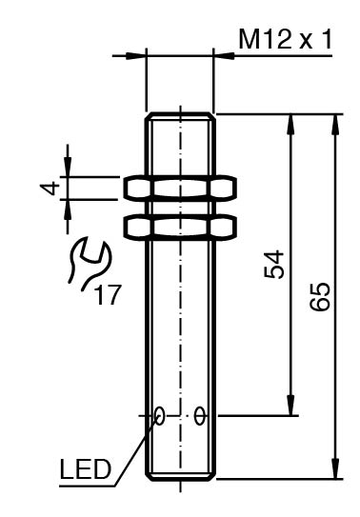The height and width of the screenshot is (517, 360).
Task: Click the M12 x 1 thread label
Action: [x=285, y=39]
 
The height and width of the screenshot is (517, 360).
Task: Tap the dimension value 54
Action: [x=274, y=265]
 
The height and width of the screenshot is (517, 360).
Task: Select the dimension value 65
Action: [x=320, y=296]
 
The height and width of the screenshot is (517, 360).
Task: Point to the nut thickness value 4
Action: [x=50, y=189]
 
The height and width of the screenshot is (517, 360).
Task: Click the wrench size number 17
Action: [x=108, y=295]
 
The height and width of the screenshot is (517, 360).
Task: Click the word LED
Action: [x=86, y=468]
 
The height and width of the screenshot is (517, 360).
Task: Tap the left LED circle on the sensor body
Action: [x=160, y=416]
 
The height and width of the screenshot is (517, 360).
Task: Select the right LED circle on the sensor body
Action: [x=200, y=416]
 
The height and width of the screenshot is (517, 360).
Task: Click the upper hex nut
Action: [x=180, y=189]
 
